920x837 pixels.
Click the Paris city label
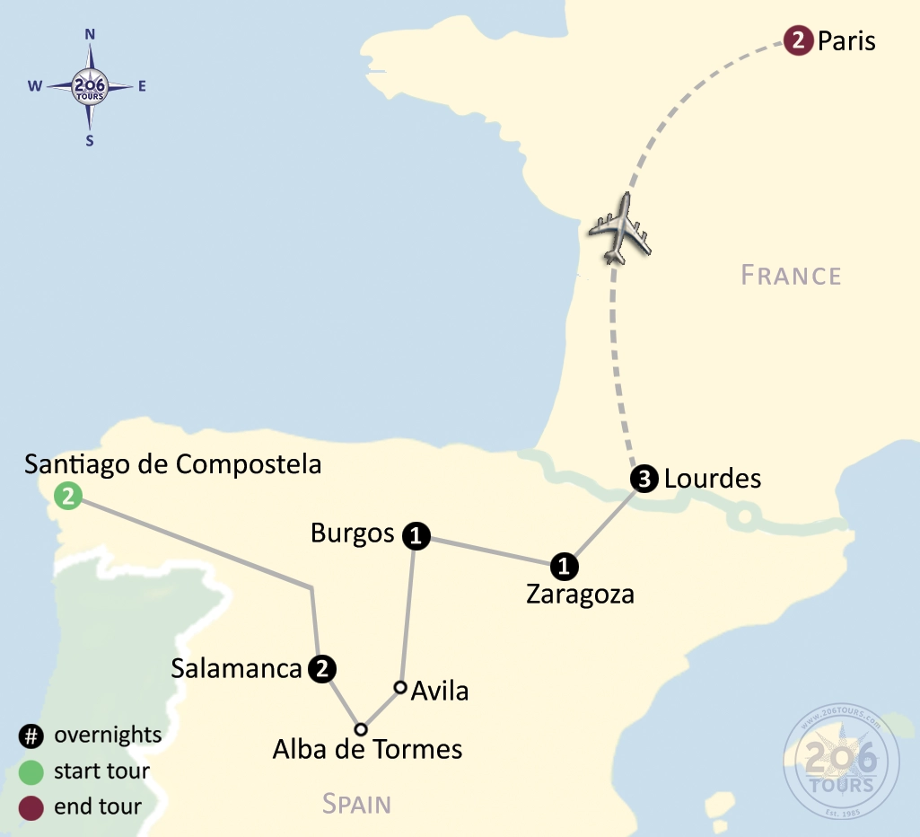846,41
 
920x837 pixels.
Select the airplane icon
618,227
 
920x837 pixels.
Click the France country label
792,275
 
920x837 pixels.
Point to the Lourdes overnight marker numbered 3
644,480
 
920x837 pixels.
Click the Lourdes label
713,479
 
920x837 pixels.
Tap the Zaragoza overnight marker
564,567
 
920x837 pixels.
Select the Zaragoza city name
580,595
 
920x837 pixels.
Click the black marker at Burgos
416,536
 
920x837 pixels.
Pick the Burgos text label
353,533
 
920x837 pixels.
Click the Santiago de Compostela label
173,464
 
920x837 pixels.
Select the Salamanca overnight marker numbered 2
322,669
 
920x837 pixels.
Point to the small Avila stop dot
400,688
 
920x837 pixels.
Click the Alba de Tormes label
368,748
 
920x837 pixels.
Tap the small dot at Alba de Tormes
361,728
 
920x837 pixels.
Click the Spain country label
357,803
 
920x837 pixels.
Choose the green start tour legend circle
31,771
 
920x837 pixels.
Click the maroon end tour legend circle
31,806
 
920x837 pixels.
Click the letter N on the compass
90,34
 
